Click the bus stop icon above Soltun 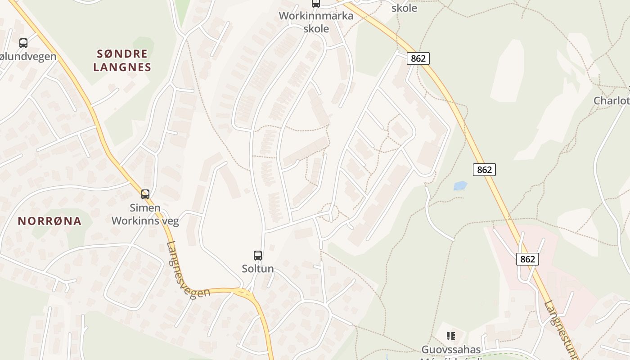[x=258, y=256]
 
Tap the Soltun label [x=258, y=269]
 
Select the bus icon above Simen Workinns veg [x=145, y=194]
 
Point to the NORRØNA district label [x=50, y=221]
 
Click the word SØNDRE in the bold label [x=122, y=54]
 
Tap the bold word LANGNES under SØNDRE [x=122, y=67]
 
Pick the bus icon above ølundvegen [x=23, y=43]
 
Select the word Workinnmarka [x=316, y=16]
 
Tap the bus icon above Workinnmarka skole [x=316, y=4]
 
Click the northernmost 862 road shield [x=418, y=58]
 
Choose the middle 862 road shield [x=484, y=170]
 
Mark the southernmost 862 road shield [x=527, y=259]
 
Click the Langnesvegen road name [x=188, y=270]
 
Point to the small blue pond [x=460, y=185]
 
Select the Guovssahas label [x=451, y=349]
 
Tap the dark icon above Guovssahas [x=450, y=336]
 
